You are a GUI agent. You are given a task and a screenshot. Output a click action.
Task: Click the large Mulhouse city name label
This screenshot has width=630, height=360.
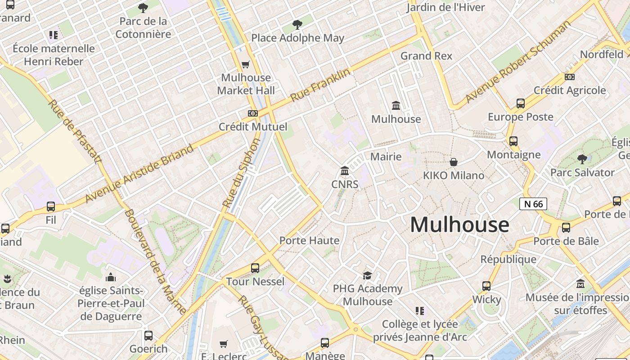click(x=459, y=225)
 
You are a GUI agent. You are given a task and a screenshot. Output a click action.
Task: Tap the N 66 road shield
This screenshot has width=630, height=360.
click(x=533, y=204)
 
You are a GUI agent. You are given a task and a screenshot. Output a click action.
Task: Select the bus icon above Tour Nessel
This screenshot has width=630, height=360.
click(x=255, y=268)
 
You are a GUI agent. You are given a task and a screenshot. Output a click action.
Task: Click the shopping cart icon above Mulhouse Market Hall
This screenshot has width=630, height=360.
click(x=246, y=64)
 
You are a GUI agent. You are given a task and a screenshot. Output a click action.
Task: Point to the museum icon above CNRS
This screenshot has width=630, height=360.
click(x=345, y=171)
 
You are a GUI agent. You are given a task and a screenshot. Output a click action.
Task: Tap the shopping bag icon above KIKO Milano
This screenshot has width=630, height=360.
click(x=454, y=162)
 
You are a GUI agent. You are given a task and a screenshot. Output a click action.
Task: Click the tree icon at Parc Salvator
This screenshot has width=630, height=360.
click(x=582, y=159)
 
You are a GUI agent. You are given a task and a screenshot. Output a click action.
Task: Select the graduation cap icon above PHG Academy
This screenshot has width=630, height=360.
click(x=368, y=275)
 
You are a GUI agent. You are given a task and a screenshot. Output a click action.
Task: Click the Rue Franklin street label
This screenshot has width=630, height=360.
click(x=320, y=85)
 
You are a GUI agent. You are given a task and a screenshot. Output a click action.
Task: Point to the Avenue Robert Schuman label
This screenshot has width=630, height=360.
click(x=517, y=62)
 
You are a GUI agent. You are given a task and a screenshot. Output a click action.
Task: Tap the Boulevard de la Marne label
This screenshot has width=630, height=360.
click(x=155, y=261)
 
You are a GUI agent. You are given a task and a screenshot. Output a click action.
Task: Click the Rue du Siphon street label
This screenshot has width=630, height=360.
click(x=242, y=173)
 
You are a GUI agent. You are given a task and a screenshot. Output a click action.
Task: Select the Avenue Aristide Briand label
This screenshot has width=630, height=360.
click(x=139, y=174)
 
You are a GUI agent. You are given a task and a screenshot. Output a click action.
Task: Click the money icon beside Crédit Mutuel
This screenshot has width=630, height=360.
click(x=253, y=113)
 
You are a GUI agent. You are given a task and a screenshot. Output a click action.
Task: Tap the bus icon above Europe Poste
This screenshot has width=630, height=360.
click(x=521, y=103)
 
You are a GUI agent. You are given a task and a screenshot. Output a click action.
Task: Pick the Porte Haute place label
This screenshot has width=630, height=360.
click(x=310, y=240)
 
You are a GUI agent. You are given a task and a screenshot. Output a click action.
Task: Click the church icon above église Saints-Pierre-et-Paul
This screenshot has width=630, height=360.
click(x=111, y=277)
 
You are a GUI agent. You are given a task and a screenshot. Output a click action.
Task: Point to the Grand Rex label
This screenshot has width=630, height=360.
click(x=426, y=56)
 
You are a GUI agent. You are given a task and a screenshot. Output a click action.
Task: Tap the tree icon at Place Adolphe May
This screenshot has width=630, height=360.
click(x=297, y=24)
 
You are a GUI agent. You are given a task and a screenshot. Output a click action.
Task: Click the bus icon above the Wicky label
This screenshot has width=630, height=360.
click(x=486, y=286)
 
